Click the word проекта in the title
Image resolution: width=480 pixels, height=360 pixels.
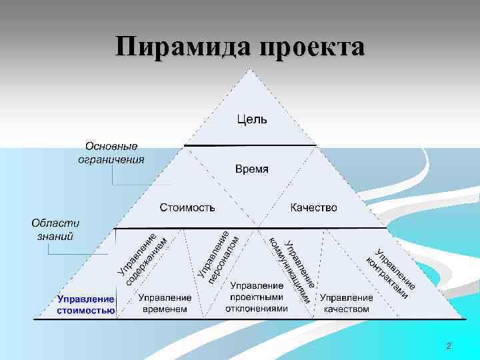(x=312, y=48)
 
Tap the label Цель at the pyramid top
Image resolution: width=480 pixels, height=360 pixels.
(x=252, y=120)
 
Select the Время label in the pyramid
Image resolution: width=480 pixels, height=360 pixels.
(x=252, y=169)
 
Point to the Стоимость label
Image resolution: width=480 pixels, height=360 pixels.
(x=187, y=208)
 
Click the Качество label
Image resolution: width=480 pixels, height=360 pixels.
(x=313, y=208)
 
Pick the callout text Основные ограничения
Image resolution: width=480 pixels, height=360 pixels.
(x=111, y=153)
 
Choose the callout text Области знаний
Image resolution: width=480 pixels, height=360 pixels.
(x=56, y=229)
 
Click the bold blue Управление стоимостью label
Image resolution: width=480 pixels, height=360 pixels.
(x=85, y=305)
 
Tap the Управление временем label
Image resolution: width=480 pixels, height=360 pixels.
(x=165, y=303)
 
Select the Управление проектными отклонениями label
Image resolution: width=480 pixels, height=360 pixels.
(x=257, y=297)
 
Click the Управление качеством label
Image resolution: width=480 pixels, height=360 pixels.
(x=346, y=303)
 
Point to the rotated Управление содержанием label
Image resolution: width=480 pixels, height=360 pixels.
(x=141, y=256)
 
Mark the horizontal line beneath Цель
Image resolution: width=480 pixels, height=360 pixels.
(x=250, y=145)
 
